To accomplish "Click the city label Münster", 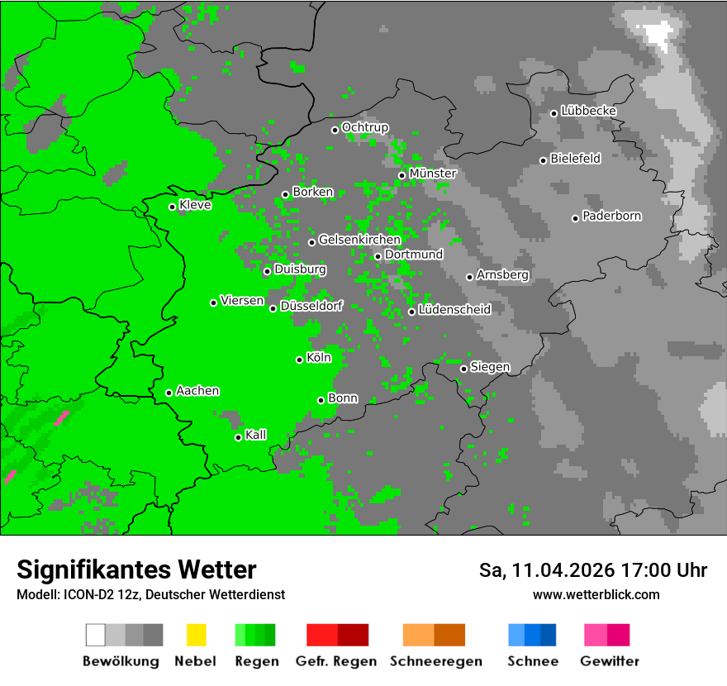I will (x=433, y=174).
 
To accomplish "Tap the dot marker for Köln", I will (x=299, y=360).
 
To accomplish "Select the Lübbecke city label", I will (x=588, y=111).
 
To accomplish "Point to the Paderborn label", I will (x=611, y=216).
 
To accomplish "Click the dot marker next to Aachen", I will (x=169, y=393).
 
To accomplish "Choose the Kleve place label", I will (x=195, y=205).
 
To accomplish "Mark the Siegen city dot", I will (x=463, y=369).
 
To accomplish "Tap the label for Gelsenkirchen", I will (x=359, y=240).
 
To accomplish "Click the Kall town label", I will (x=256, y=435).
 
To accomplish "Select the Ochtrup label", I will (x=364, y=127).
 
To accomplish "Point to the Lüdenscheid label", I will (x=454, y=309).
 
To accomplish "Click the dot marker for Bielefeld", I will (x=543, y=160).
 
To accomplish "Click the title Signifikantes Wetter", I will (x=136, y=569).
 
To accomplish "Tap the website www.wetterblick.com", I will (x=596, y=595).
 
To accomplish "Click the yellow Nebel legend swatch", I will (x=196, y=635).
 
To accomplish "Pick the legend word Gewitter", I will (x=609, y=661).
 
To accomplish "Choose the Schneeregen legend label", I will (x=435, y=661).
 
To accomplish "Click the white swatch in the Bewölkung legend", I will (x=96, y=635).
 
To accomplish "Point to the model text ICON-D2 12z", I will (x=91, y=595).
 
